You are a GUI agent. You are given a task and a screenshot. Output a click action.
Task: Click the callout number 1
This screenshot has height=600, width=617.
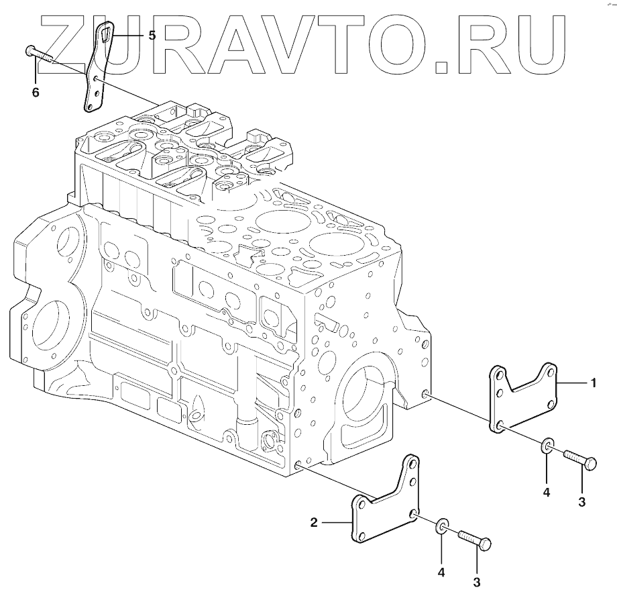pyautogui.click(x=594, y=383)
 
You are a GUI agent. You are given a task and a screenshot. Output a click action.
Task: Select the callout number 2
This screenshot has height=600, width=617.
pyautogui.click(x=314, y=523)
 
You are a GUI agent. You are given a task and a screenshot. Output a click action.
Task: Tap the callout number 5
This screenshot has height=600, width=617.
pyautogui.click(x=152, y=36)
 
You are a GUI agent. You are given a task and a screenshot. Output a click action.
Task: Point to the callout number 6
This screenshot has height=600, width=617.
pyautogui.click(x=36, y=93)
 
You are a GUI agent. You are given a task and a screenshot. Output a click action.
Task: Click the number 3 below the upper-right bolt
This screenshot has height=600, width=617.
pyautogui.click(x=582, y=502)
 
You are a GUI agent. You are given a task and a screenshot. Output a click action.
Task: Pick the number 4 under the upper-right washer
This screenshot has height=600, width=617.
pyautogui.click(x=546, y=492)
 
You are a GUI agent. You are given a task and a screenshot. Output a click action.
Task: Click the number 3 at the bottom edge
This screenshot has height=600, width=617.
pyautogui.click(x=477, y=583)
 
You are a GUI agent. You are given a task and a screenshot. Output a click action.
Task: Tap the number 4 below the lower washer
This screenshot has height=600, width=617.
pyautogui.click(x=441, y=572)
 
